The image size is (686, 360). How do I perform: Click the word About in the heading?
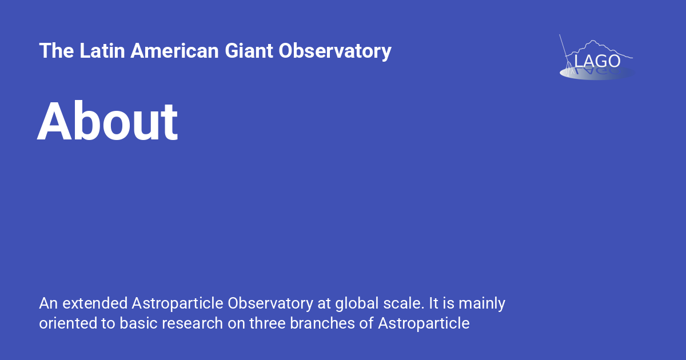click(x=107, y=122)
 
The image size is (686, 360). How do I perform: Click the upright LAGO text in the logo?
click(x=597, y=61)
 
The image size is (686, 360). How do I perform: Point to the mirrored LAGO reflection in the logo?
click(x=597, y=72)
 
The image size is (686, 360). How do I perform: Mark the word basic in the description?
click(x=137, y=323)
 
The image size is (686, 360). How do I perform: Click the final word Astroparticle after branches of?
click(x=424, y=323)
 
